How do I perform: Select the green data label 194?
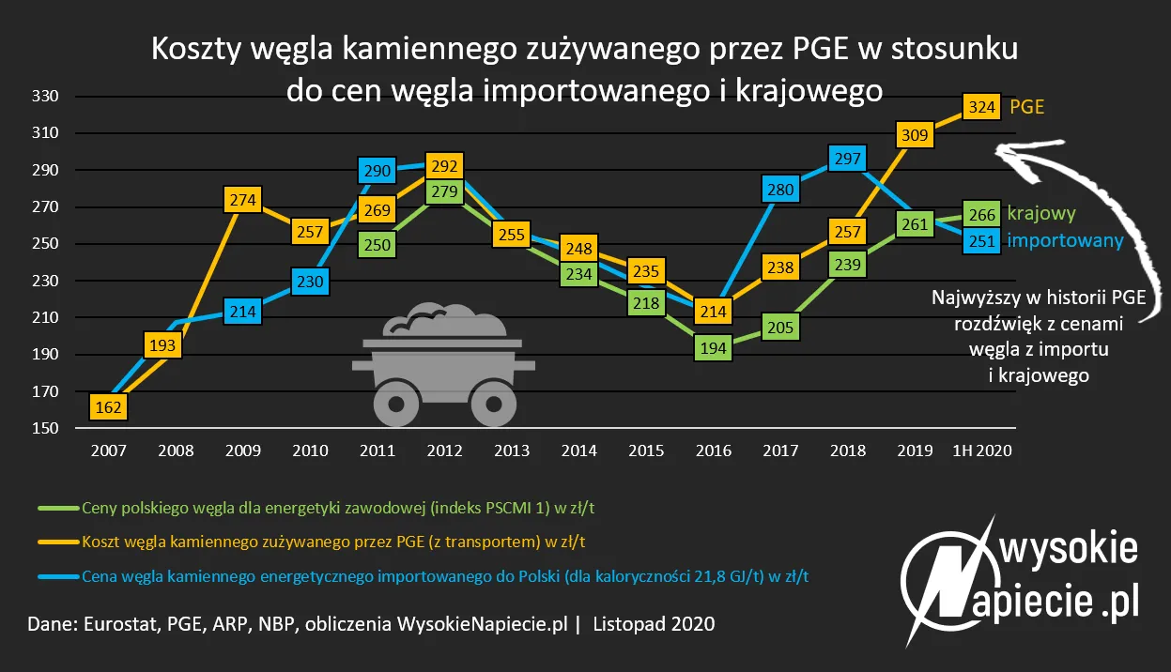coord(714,347)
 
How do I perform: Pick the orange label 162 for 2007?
coord(109,407)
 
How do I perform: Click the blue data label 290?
coord(377,172)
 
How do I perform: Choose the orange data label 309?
coord(915,135)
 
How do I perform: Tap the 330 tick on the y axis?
coord(46,97)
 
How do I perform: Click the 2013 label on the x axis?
coord(511,451)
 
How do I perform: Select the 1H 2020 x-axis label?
coord(981,451)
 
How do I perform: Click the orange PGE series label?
coord(1026,107)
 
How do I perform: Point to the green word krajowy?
coord(1040,214)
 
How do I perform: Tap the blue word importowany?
coord(1065,241)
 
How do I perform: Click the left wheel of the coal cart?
coord(395,405)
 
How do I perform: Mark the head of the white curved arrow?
coord(1002,150)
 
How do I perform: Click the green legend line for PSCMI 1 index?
coord(57,509)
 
